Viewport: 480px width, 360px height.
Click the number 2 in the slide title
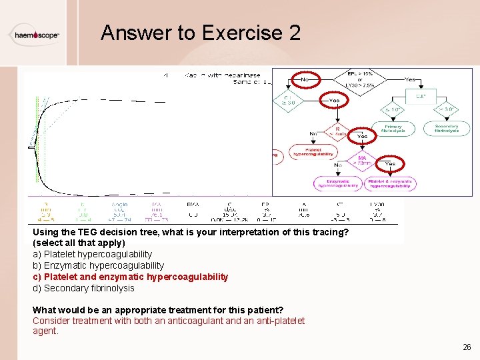click(294, 33)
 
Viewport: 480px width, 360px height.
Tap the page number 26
click(466, 347)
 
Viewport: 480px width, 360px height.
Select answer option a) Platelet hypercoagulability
click(92, 254)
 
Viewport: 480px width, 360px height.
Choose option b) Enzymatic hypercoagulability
click(98, 265)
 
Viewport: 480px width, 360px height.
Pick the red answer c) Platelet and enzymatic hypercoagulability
click(130, 277)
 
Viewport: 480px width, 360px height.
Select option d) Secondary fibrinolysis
click(83, 288)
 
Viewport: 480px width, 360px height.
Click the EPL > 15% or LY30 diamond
click(360, 79)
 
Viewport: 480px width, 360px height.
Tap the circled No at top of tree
click(305, 79)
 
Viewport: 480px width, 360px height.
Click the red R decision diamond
click(337, 132)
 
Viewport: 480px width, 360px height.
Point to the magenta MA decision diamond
click(362, 161)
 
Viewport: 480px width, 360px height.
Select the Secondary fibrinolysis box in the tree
click(446, 129)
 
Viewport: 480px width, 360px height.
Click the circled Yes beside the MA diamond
click(390, 163)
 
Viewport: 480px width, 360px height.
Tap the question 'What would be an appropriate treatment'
click(158, 310)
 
